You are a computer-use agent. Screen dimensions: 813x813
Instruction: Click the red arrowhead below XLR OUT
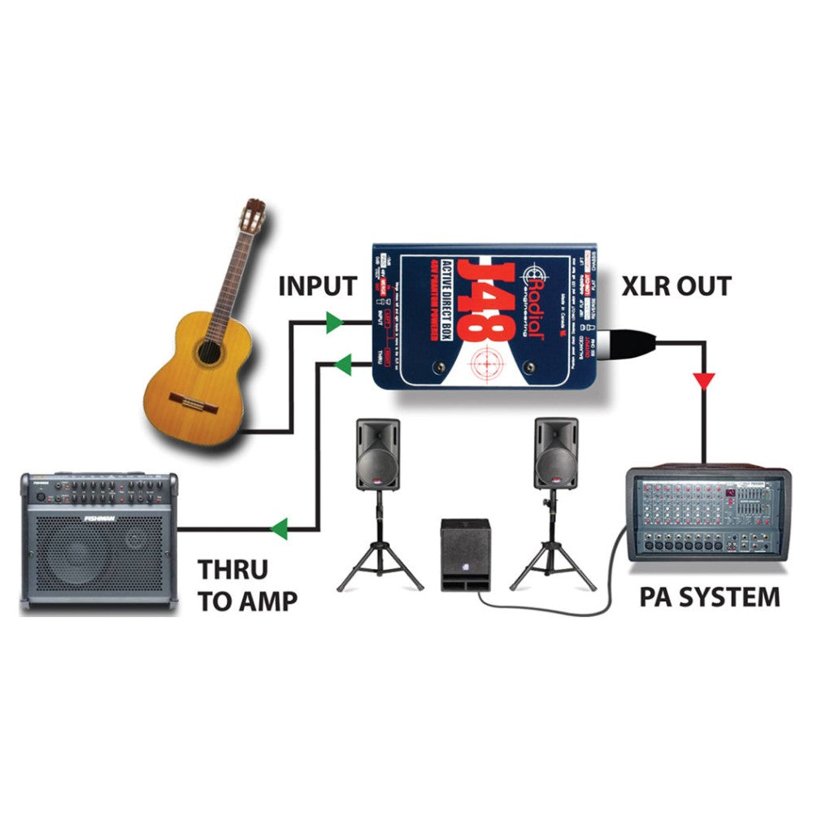[x=705, y=380]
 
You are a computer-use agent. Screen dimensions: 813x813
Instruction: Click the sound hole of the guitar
[x=208, y=352]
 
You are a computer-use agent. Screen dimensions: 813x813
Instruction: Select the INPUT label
[x=317, y=286]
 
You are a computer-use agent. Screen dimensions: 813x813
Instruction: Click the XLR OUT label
[x=676, y=286]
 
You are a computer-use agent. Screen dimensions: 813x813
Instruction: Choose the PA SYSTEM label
[x=709, y=598]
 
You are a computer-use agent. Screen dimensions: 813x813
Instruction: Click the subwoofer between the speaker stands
[x=464, y=554]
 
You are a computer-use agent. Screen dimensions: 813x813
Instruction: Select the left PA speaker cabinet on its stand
[x=378, y=454]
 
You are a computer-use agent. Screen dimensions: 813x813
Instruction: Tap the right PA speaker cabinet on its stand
[x=556, y=454]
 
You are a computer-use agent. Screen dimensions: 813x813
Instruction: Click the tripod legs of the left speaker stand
[x=380, y=561]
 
